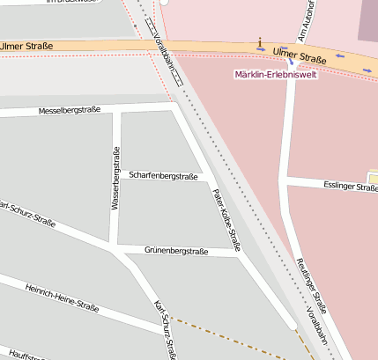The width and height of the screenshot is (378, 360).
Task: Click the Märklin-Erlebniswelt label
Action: click(276, 74)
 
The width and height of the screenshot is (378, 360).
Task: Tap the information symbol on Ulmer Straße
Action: click(260, 42)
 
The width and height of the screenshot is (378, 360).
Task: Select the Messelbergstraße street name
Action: click(70, 111)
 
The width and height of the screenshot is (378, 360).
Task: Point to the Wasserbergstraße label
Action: click(115, 178)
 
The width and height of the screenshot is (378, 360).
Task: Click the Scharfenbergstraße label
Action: click(163, 176)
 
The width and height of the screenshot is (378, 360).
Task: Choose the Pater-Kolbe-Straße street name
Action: click(226, 217)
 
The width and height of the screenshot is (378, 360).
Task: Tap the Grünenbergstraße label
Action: click(177, 252)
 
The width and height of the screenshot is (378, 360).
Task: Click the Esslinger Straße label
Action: click(350, 187)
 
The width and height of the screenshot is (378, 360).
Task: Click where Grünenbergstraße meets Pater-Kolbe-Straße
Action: click(238, 253)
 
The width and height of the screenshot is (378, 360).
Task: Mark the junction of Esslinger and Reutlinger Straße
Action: click(285, 181)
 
